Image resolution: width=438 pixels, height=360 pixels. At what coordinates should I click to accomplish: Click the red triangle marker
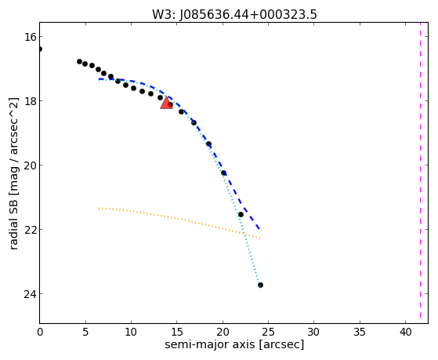[x=166, y=104]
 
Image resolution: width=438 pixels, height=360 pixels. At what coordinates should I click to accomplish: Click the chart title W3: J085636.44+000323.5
[x=234, y=15]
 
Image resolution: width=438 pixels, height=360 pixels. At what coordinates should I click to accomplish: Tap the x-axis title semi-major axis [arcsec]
[x=234, y=344]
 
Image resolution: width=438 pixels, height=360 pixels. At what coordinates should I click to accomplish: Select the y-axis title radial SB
[x=13, y=221]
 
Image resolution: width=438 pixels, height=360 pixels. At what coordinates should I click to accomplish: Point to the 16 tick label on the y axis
[x=30, y=37]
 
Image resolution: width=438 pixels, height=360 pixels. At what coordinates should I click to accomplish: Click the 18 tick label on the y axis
[x=30, y=101]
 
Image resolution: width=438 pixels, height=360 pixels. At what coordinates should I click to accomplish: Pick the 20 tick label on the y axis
[x=30, y=165]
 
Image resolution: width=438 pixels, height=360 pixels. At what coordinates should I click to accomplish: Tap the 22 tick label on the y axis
[x=30, y=230]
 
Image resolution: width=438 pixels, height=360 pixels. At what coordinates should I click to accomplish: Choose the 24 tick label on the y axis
[x=30, y=294]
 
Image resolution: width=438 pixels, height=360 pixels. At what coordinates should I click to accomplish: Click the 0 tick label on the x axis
[x=40, y=333]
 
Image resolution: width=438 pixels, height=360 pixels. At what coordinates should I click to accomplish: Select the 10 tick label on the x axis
[x=131, y=333]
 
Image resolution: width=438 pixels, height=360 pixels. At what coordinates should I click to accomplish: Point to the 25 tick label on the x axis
[x=268, y=333]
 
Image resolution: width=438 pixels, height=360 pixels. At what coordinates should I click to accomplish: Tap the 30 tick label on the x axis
[x=313, y=333]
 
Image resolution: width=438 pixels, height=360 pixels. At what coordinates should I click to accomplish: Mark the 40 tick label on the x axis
[x=405, y=333]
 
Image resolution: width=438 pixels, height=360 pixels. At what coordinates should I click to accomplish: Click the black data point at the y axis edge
[x=40, y=49]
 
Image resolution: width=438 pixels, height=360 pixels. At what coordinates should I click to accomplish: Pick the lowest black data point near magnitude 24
[x=260, y=285]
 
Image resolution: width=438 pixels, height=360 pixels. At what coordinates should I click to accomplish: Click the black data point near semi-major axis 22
[x=241, y=215]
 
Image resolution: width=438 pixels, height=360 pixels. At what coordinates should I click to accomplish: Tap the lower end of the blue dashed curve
[x=259, y=229]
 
